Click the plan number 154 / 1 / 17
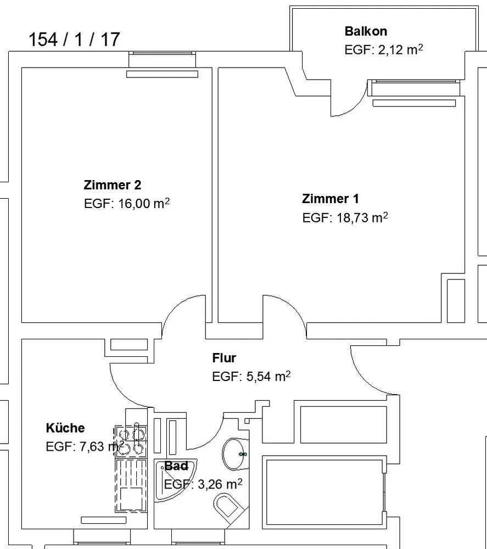coord(74,39)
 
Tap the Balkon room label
coord(366,31)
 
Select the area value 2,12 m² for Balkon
coord(400,49)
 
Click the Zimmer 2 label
coord(113,185)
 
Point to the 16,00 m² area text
coord(144,203)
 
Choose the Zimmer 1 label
coord(331,199)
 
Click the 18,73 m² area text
coord(362,217)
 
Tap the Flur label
coord(224,358)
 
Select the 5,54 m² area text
coord(268,377)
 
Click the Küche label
coord(65,428)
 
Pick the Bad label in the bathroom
coord(176,466)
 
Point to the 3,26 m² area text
coord(220,484)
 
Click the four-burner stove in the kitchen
coord(131,441)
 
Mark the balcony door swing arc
coord(354,107)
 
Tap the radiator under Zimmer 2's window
coord(162,74)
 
